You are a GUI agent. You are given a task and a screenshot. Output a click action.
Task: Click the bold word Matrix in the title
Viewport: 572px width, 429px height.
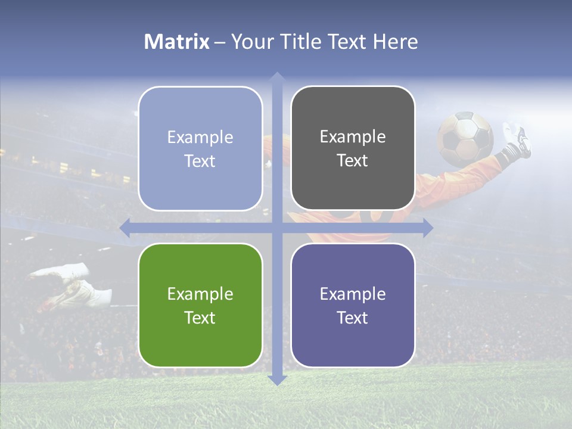click(177, 42)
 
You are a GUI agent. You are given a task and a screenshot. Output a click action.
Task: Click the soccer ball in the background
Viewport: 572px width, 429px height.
click(465, 138)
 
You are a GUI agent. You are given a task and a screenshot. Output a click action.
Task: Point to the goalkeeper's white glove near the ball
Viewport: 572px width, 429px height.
click(516, 138)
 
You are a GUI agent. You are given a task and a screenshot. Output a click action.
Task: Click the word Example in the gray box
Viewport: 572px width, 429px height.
click(353, 137)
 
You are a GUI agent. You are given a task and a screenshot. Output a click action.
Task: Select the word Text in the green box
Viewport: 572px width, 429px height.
click(200, 318)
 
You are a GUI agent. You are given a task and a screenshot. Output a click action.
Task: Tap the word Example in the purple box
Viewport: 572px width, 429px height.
click(353, 294)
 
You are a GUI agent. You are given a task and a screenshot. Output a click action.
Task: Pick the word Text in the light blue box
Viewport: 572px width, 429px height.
click(200, 161)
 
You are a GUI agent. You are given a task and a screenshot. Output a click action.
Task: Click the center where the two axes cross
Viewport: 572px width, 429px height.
click(276, 228)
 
